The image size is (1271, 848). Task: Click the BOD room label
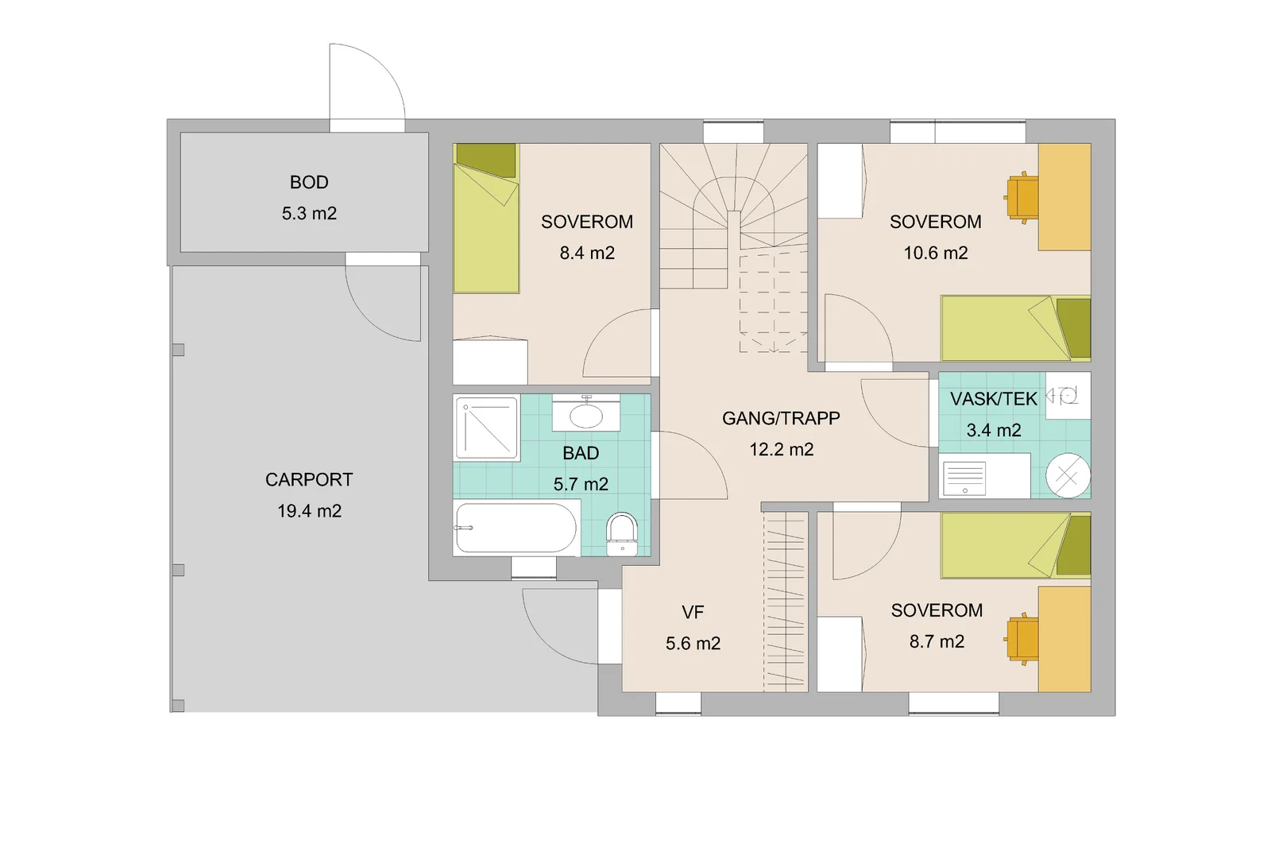click(309, 182)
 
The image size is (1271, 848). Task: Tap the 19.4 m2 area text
click(309, 511)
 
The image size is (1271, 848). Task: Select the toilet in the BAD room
click(622, 534)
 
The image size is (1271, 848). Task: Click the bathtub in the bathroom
click(516, 527)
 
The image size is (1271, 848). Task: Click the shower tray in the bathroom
click(487, 428)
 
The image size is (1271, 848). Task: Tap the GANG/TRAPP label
click(781, 418)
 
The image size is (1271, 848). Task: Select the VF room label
click(693, 612)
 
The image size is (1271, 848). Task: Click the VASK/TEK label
click(994, 399)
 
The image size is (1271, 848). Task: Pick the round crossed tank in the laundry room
click(1068, 475)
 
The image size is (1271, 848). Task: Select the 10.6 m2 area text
click(936, 253)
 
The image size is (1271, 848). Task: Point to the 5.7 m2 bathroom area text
click(581, 484)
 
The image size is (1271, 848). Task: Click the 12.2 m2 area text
click(782, 450)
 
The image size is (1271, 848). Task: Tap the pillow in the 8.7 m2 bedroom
click(1073, 545)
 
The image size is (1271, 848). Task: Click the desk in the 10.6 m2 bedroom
click(1064, 197)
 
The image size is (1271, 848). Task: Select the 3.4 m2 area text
click(994, 430)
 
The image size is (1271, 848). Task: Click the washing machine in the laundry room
click(984, 476)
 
